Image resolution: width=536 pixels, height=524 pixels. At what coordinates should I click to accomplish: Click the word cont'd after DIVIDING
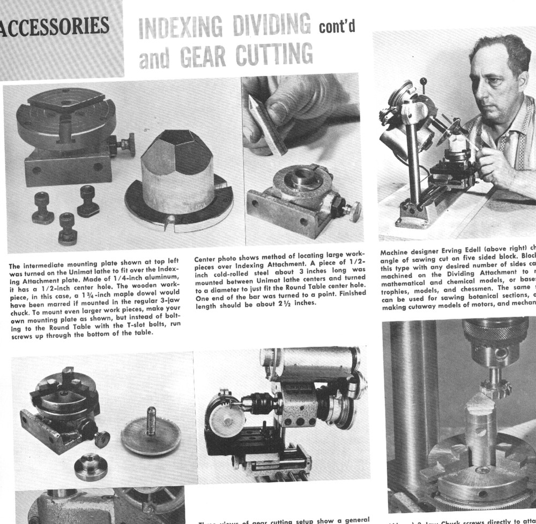(337, 27)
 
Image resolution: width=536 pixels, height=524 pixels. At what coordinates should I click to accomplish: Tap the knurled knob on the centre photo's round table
(351, 211)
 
